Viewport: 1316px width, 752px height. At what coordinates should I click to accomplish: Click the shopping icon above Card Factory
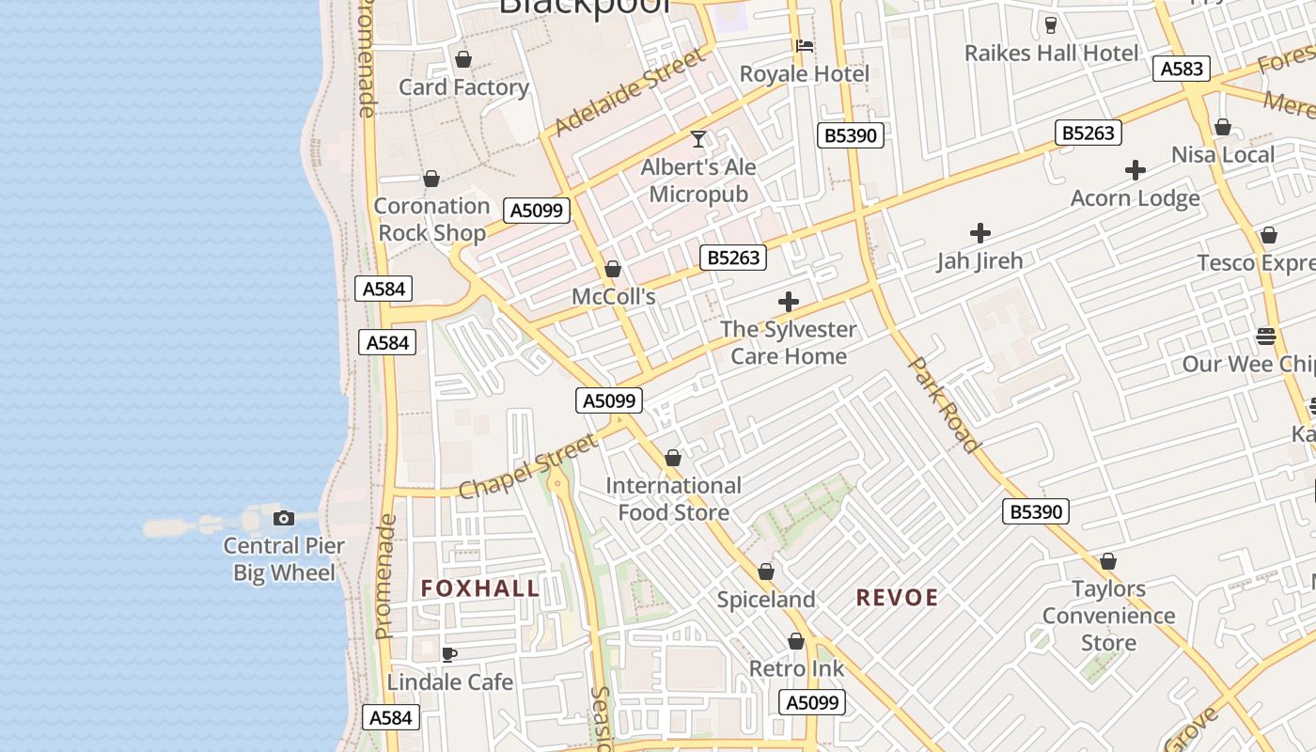coord(462,60)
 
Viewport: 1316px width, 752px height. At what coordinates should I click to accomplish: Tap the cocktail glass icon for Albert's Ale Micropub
coord(697,140)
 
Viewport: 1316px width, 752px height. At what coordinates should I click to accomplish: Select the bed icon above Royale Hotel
coord(804,45)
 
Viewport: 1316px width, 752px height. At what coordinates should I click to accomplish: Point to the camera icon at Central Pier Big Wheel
coord(283,518)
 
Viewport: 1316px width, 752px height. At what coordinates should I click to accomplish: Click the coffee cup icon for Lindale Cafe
coord(449,654)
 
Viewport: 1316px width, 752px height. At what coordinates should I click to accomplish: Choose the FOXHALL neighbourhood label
coord(480,589)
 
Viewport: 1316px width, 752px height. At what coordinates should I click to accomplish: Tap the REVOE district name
coord(897,598)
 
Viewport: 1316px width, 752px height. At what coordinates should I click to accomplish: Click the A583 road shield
coord(1181,69)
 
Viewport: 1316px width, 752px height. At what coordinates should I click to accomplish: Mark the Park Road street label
coord(946,404)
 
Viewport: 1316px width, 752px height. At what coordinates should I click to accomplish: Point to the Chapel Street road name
coord(527,466)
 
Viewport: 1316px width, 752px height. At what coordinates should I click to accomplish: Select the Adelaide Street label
coord(629,93)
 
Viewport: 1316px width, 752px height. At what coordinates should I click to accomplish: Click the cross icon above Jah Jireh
coord(979,233)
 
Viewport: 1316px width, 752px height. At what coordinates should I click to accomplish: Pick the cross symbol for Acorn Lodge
coord(1136,170)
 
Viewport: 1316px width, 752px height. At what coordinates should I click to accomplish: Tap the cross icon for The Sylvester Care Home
coord(788,302)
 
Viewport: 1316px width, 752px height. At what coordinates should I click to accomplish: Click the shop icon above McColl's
coord(613,270)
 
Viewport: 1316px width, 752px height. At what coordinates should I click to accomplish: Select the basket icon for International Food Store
coord(673,459)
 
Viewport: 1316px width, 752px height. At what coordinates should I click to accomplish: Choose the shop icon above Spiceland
coord(766,572)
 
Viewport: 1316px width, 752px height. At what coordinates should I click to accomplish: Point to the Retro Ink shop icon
coord(796,642)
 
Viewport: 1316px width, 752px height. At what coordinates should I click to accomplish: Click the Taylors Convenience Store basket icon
coord(1108,562)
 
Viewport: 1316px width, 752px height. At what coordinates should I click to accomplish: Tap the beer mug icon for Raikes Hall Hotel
coord(1051,25)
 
